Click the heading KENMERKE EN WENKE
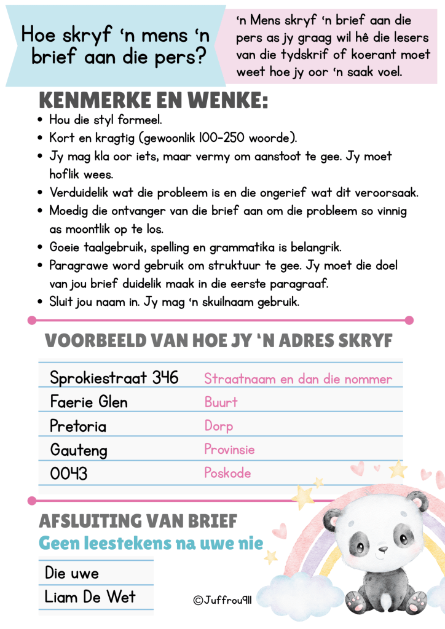(153, 100)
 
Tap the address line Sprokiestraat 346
(114, 377)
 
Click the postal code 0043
(69, 474)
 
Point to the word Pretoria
(78, 426)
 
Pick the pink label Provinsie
(229, 450)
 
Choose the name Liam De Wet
(90, 596)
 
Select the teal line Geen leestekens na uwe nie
(151, 544)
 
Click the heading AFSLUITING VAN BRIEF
(138, 522)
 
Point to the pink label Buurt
(221, 402)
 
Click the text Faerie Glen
(89, 402)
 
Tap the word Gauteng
(79, 450)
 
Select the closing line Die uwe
(72, 573)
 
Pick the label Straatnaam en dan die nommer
(298, 379)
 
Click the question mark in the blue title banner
(199, 57)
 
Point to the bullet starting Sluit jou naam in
(174, 302)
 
